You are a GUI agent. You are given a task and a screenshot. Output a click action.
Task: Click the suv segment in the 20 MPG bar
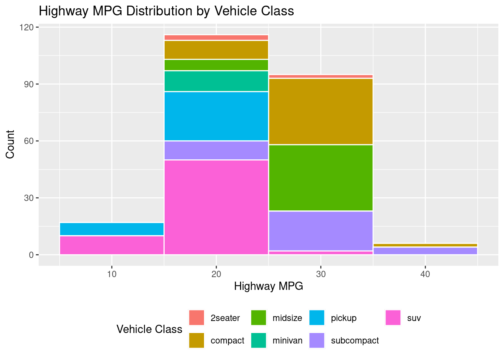(216, 207)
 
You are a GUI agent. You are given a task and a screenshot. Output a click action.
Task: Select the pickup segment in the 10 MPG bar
(111, 229)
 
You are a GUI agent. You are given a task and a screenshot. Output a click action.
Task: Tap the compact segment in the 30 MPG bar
(321, 111)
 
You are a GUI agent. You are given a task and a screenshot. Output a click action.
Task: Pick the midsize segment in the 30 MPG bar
(321, 178)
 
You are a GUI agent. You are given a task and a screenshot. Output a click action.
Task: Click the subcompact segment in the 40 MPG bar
(425, 251)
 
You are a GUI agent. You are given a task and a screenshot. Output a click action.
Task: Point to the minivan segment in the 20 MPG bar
(216, 81)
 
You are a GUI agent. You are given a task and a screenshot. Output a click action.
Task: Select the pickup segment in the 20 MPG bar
(216, 116)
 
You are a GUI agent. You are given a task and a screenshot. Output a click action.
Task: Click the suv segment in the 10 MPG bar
(111, 245)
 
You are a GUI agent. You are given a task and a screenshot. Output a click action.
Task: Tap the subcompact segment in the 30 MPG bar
(321, 231)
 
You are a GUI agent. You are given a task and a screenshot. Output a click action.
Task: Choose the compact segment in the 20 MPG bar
(216, 50)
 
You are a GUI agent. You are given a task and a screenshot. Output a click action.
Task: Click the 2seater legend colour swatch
(196, 318)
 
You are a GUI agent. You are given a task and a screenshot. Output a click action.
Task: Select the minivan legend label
(287, 340)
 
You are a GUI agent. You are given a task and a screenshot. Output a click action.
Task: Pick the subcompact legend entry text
(355, 340)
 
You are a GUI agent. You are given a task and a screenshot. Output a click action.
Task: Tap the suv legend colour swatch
(393, 318)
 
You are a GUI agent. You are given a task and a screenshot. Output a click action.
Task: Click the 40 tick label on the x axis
(425, 274)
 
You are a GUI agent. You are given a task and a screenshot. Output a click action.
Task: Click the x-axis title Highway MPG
(268, 286)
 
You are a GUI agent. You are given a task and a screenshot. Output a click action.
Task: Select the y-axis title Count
(10, 144)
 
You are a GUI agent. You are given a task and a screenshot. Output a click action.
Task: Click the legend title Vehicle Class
(149, 329)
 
